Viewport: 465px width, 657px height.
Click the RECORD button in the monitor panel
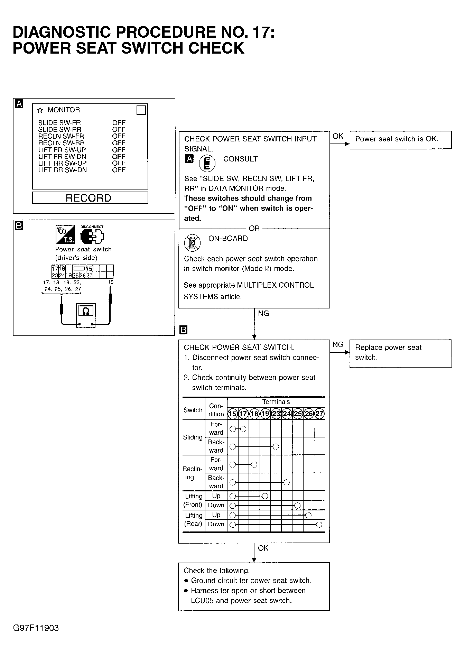pos(90,198)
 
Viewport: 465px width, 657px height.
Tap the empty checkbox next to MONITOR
pos(141,110)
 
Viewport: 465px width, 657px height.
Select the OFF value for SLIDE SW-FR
pos(119,123)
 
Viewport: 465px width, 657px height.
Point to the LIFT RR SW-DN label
pos(63,170)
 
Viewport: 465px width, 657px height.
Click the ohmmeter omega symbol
pos(86,312)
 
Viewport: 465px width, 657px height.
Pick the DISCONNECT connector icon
pos(92,235)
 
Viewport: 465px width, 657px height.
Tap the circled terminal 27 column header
pos(319,414)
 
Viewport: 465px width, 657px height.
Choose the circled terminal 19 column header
pos(265,414)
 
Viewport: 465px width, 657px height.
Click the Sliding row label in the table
pos(193,437)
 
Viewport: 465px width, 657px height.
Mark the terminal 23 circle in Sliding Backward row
pos(276,447)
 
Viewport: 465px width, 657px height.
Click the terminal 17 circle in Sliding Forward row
pos(243,429)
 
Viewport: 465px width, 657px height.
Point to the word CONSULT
pos(240,159)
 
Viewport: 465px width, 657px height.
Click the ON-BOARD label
pos(228,239)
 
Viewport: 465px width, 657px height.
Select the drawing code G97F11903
pos(36,628)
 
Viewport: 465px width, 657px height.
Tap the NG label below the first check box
pos(263,314)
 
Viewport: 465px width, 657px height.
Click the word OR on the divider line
pos(254,229)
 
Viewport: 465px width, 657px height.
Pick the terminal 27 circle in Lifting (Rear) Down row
pos(319,525)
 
